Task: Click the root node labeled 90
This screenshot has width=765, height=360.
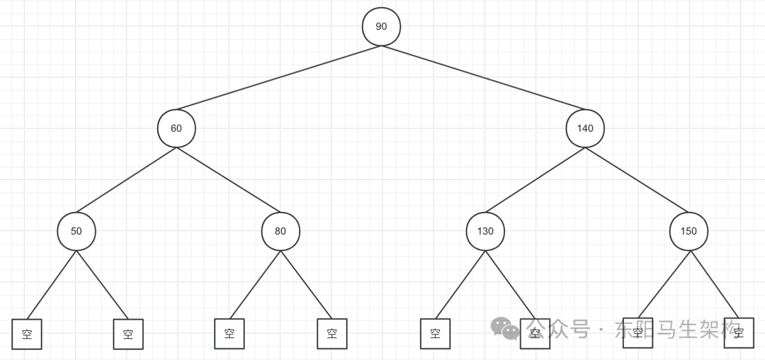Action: click(x=381, y=27)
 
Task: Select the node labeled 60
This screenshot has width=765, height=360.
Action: click(x=176, y=129)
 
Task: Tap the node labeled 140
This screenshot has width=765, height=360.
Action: click(x=585, y=129)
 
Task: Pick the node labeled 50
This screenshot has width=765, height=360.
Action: click(x=76, y=231)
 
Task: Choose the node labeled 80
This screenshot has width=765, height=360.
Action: click(x=280, y=231)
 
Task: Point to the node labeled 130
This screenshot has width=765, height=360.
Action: click(x=485, y=231)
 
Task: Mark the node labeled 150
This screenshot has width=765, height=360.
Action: click(x=688, y=231)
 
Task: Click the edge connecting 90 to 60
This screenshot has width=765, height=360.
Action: click(x=279, y=78)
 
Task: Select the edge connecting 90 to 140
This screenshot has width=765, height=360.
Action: click(x=483, y=78)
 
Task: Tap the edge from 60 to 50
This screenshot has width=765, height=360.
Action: click(x=126, y=180)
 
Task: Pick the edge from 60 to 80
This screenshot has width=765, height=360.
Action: click(x=228, y=180)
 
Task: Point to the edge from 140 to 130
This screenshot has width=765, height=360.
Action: click(x=535, y=180)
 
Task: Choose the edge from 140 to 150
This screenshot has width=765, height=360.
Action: click(x=636, y=180)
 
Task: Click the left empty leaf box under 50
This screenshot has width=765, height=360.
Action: click(x=27, y=334)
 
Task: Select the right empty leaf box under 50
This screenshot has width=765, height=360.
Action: click(x=128, y=334)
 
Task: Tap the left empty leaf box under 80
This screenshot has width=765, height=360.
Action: click(x=229, y=334)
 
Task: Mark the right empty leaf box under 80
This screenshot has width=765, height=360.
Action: click(x=331, y=334)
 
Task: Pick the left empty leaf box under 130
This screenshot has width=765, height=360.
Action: click(x=435, y=334)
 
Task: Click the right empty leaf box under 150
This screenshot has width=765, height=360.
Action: click(x=739, y=332)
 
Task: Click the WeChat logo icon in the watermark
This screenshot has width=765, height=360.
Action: click(x=506, y=328)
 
